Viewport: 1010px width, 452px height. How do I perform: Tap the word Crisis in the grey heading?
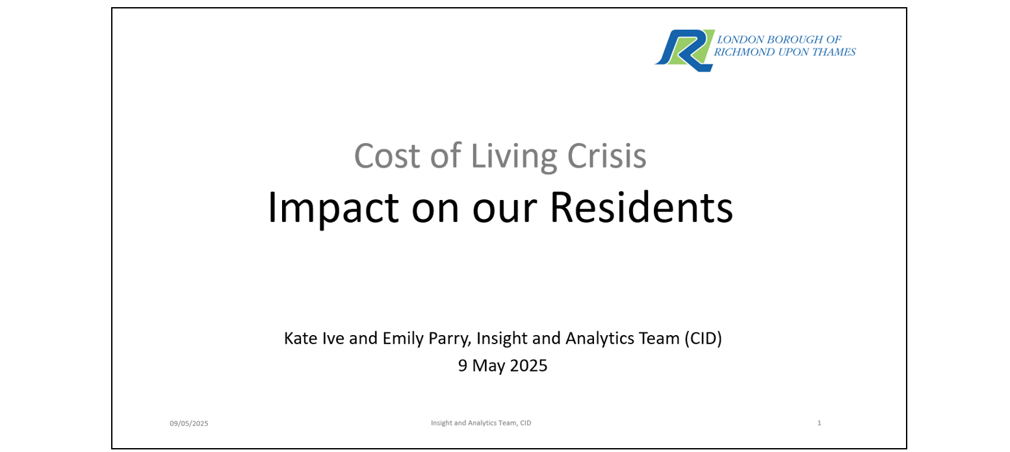pos(607,156)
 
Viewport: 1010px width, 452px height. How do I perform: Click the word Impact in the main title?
pos(333,208)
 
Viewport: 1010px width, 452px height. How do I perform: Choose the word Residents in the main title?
pos(641,207)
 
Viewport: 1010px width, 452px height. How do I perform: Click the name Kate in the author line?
pos(300,338)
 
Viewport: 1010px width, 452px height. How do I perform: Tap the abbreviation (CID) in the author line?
pos(703,338)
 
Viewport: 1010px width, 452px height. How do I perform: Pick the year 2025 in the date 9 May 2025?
pos(528,366)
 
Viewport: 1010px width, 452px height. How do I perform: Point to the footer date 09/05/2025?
pos(189,423)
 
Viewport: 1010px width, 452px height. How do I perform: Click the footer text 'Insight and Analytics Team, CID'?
pos(481,423)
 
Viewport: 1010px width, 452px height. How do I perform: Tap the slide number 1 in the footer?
pos(820,423)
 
